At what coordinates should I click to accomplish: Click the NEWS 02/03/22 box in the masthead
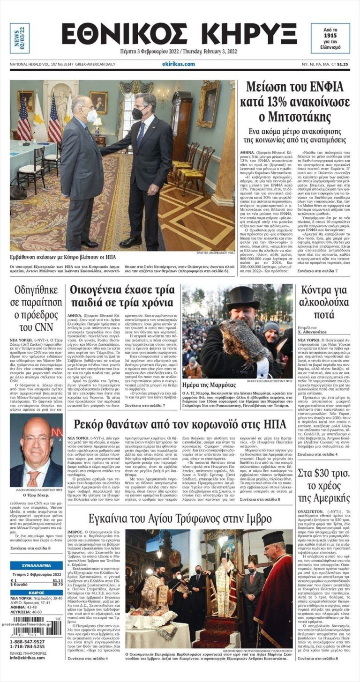19,38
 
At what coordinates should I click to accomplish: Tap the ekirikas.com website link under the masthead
179,64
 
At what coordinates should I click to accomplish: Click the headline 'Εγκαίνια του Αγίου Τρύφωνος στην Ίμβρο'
180,518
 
